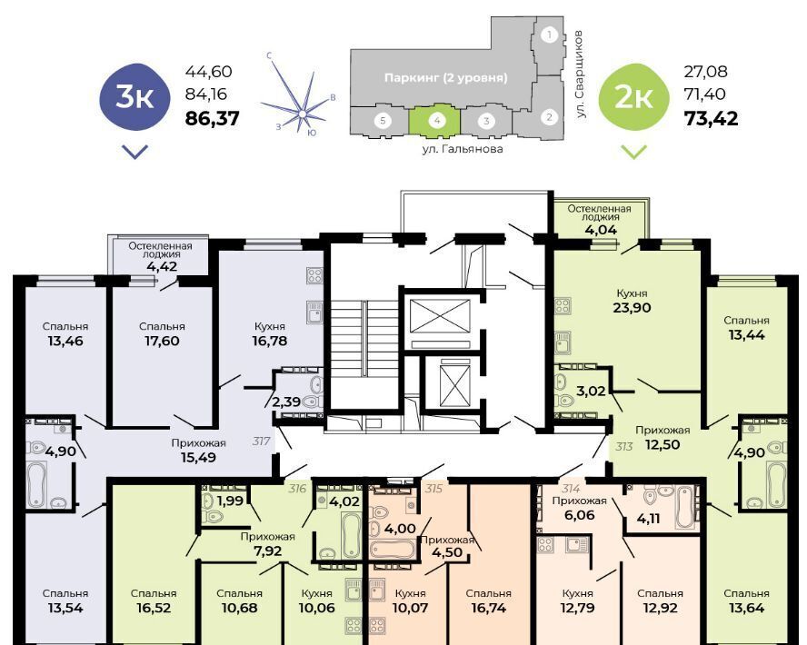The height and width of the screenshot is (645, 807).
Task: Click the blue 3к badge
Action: tap(134, 96)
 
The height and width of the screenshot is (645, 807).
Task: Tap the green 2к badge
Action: tap(634, 96)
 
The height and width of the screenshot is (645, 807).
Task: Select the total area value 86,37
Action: tap(212, 119)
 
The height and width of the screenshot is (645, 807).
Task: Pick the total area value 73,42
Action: tap(711, 119)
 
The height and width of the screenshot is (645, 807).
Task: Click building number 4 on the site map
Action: tap(437, 121)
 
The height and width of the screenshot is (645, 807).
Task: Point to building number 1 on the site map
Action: tap(550, 35)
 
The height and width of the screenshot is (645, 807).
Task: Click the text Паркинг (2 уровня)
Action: tap(445, 77)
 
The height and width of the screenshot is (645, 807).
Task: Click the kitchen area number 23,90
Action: tap(632, 308)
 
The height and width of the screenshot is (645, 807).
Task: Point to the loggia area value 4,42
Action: tap(161, 266)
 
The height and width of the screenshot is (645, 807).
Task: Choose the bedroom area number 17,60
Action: tap(162, 341)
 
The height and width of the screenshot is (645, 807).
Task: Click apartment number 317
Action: tap(262, 441)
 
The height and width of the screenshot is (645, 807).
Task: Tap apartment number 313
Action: tap(623, 446)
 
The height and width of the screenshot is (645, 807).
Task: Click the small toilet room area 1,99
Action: tap(230, 501)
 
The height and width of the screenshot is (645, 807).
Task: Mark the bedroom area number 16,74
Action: tap(488, 608)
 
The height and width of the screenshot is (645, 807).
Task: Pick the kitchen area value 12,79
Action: tap(577, 608)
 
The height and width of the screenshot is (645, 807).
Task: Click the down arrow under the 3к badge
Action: tap(134, 152)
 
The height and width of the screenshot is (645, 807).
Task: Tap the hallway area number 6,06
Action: tap(579, 515)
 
